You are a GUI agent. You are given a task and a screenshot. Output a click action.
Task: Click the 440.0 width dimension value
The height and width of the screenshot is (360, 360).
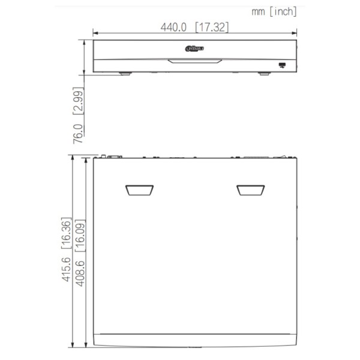[x=174, y=28]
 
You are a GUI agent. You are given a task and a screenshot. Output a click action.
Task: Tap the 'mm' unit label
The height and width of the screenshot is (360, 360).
[x=259, y=10]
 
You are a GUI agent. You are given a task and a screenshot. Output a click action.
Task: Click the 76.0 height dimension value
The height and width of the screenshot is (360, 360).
[x=78, y=131]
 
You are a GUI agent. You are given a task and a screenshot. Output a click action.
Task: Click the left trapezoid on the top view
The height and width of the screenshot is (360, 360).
[x=140, y=190]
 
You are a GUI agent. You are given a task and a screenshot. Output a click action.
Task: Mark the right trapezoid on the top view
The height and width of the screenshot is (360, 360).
[x=251, y=190]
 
